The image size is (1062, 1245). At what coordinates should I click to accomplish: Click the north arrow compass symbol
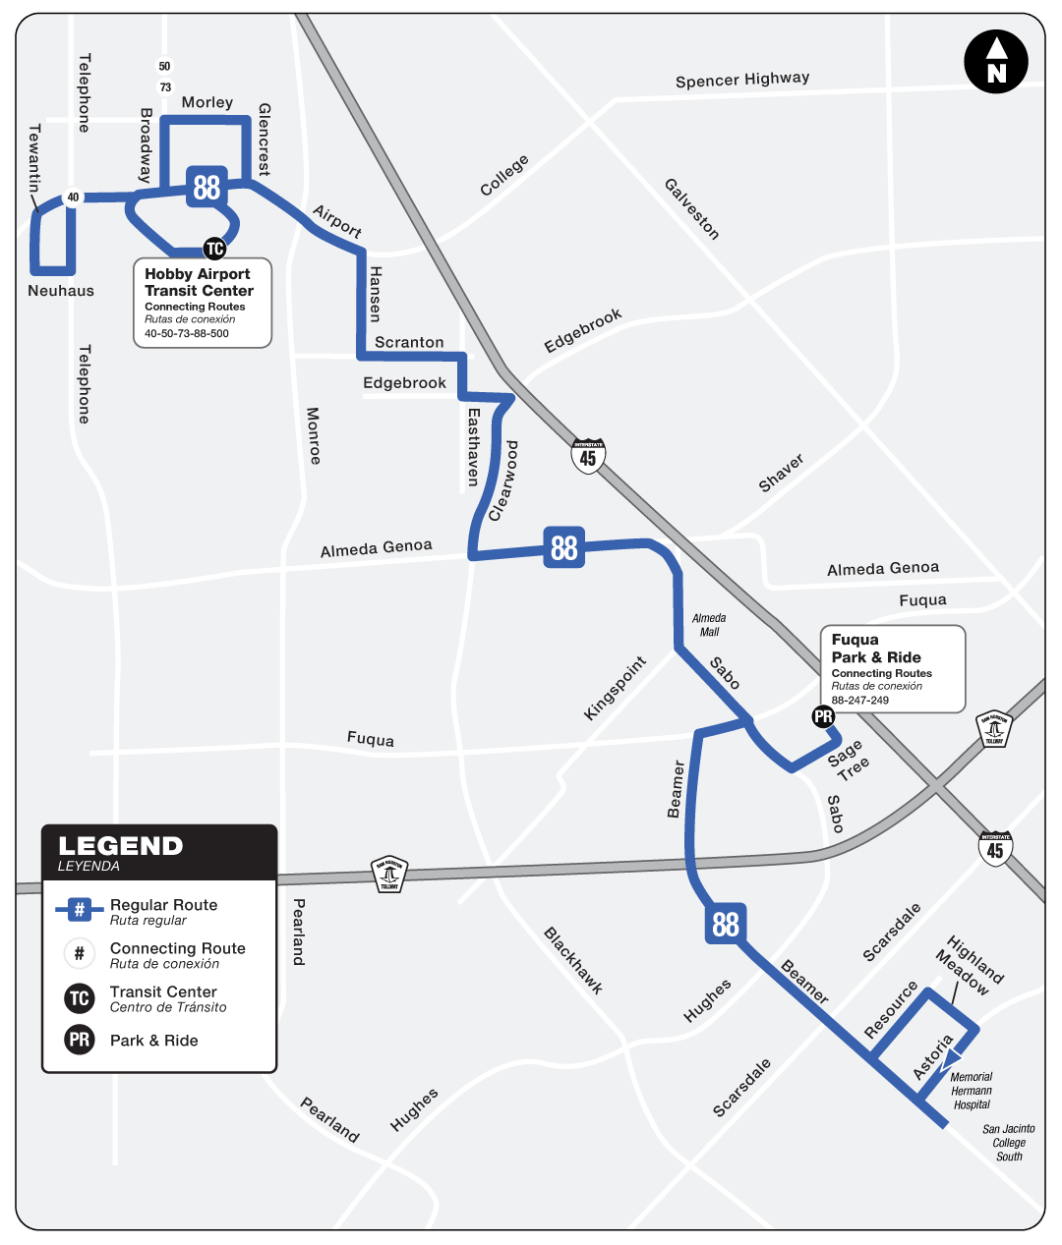pos(996,62)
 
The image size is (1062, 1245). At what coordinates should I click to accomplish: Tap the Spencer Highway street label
pos(742,80)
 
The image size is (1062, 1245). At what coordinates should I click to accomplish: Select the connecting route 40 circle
pos(73,198)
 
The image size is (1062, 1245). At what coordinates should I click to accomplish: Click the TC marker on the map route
pos(214,249)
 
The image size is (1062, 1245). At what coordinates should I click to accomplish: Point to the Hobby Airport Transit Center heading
pos(199,282)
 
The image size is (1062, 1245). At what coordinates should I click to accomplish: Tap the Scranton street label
pos(409,342)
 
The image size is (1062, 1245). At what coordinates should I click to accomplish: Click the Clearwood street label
pos(503,481)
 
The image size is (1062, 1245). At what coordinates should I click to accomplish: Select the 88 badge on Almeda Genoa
pos(564,547)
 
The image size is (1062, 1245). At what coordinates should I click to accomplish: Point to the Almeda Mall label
pos(709,625)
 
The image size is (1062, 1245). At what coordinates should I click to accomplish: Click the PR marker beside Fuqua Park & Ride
pos(823,717)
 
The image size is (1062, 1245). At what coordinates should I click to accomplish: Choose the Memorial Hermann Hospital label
pos(972,1091)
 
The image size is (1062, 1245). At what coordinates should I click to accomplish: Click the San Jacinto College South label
pos(1009,1143)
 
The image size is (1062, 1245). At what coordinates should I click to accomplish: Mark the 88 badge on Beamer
pos(726,924)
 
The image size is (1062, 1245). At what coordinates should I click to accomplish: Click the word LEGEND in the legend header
pos(120,846)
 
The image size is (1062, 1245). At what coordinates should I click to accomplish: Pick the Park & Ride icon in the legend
pos(80,1040)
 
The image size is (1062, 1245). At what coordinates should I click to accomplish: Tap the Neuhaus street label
pos(61,291)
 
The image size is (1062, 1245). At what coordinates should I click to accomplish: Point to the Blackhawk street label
pos(572,961)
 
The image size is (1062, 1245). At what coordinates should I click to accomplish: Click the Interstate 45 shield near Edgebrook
pos(588,457)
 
